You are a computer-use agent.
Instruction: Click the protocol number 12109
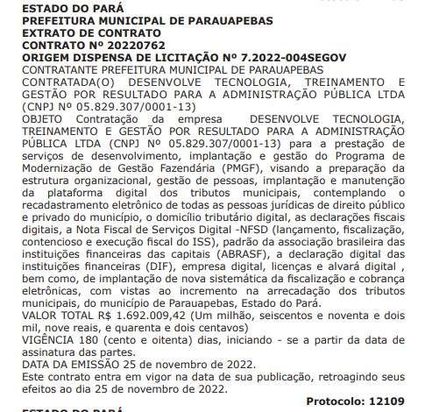coord(387,400)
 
